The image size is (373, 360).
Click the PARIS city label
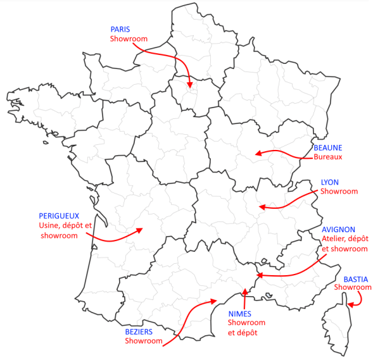[120, 30]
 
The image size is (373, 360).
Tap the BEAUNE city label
[328, 147]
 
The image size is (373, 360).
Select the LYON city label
[330, 182]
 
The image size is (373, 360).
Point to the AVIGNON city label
[338, 230]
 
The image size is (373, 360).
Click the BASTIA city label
[355, 279]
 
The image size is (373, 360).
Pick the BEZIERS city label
[140, 332]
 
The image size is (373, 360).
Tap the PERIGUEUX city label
[60, 216]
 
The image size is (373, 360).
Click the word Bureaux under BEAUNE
[328, 157]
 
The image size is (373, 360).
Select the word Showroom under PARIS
[129, 39]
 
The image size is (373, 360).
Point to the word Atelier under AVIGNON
[334, 239]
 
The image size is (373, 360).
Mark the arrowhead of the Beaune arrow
[255, 152]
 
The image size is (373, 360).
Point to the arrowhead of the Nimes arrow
[243, 292]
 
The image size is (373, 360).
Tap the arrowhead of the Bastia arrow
[350, 303]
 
